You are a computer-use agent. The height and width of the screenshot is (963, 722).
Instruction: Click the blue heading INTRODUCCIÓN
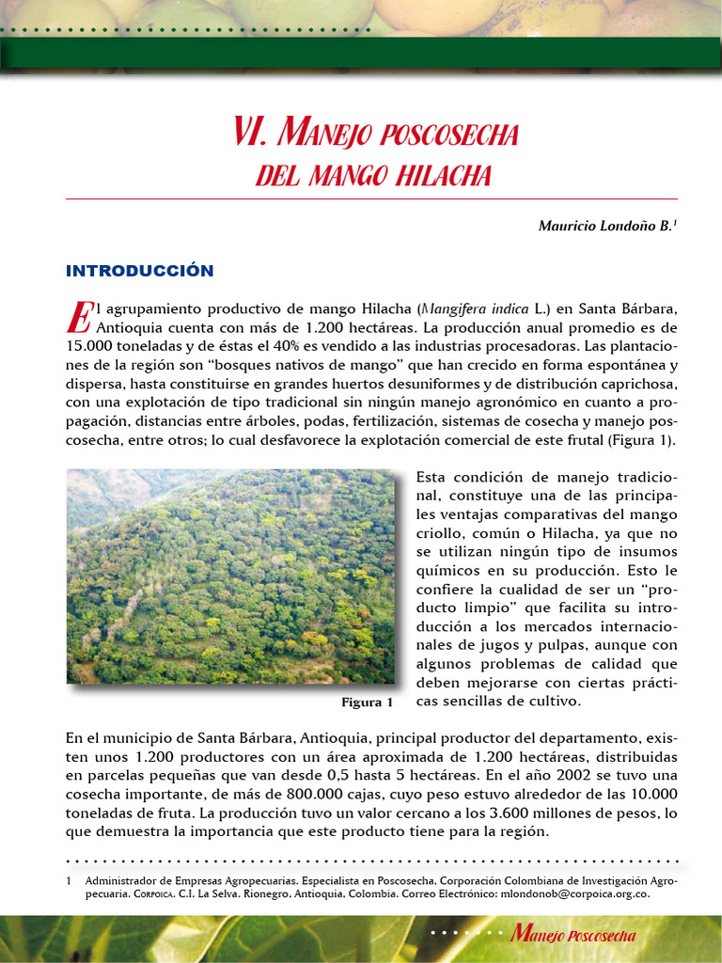(139, 271)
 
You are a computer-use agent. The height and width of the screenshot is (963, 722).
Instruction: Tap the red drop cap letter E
(77, 317)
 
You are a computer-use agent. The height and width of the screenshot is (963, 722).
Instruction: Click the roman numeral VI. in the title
(252, 134)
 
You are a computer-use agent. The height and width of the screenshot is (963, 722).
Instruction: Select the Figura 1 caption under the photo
(367, 703)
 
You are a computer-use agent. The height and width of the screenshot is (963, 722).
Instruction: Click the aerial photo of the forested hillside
(230, 576)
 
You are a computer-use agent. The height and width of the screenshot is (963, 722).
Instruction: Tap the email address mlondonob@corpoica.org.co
(574, 894)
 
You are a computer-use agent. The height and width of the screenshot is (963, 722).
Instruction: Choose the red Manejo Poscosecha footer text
(573, 935)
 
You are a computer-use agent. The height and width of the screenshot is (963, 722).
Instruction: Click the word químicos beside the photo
(449, 571)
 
